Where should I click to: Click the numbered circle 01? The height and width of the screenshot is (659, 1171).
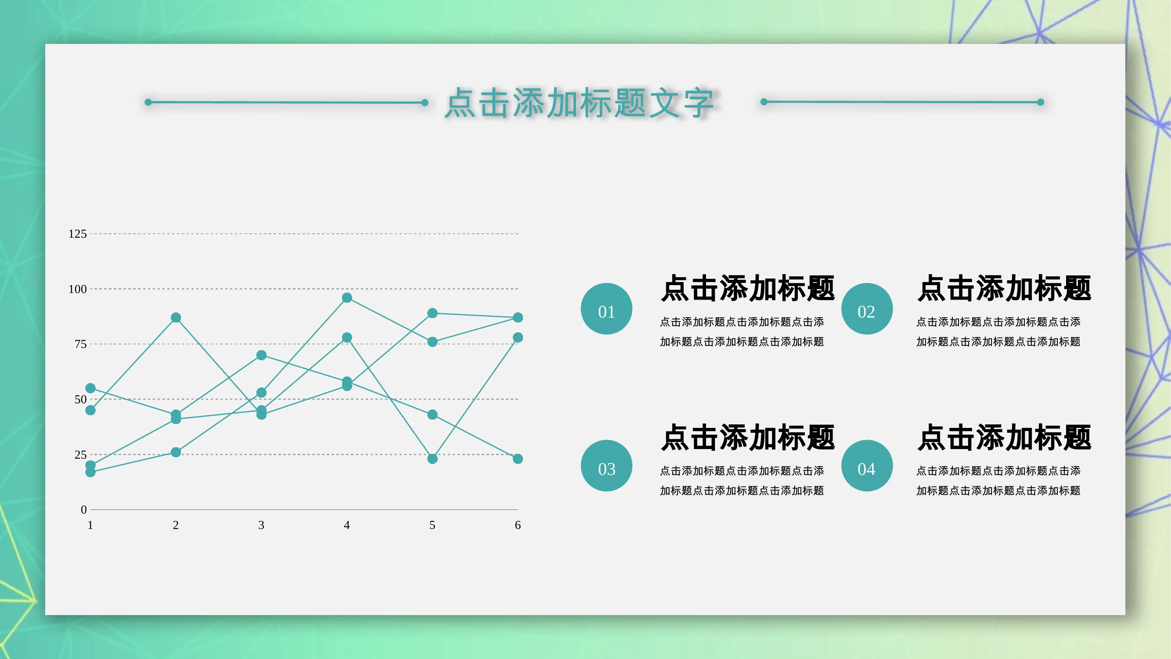pos(606,309)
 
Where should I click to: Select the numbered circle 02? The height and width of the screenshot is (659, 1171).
pos(867,309)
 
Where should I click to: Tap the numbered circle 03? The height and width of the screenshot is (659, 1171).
pos(606,465)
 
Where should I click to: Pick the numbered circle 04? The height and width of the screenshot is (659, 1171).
pos(867,465)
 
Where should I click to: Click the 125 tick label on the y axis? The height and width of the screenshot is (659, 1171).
pos(77,234)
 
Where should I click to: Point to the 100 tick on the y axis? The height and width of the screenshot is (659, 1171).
pos(77,289)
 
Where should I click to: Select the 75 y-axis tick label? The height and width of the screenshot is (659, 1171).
pos(80,344)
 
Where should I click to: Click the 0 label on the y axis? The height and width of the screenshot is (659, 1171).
pos(83,509)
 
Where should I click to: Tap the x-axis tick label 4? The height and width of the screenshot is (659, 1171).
pos(347,525)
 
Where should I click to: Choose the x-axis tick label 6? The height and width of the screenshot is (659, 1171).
pos(518,525)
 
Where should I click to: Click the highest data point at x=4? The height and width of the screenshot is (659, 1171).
pos(347,297)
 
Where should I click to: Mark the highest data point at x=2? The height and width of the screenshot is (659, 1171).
pos(176,318)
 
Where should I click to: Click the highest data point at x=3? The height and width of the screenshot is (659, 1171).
pos(261,355)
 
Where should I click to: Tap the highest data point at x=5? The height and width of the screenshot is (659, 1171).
pos(432,313)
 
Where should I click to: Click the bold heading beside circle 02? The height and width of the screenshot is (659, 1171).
pos(1004,288)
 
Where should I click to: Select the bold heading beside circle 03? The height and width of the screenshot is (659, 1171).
pos(748,437)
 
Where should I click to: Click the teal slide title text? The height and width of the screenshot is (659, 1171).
pos(579,103)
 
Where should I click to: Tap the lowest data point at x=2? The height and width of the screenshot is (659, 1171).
pos(176,452)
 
